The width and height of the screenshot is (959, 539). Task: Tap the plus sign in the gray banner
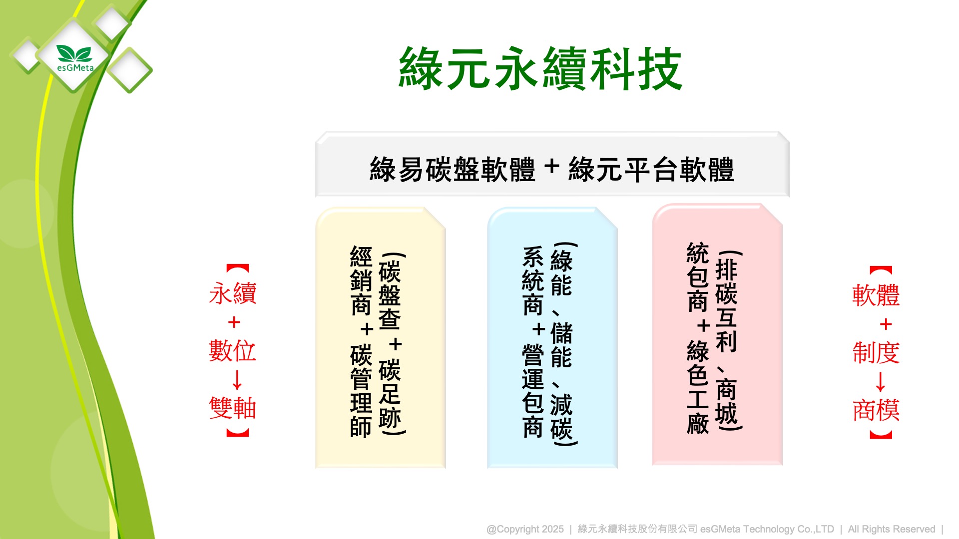tap(552, 167)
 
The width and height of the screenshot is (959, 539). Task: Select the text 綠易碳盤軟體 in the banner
tap(453, 169)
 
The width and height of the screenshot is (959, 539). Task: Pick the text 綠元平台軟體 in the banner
tap(651, 169)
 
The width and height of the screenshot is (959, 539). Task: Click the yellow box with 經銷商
tap(381, 338)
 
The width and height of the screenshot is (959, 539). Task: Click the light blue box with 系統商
tap(552, 338)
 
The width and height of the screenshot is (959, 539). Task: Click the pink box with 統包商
tap(717, 334)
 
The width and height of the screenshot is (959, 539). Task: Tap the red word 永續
tap(233, 293)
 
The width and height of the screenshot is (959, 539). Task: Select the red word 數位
tap(233, 351)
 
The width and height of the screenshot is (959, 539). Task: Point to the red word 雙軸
tap(233, 408)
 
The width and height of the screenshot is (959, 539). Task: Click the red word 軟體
tap(876, 295)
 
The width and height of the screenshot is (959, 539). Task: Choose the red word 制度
tap(876, 353)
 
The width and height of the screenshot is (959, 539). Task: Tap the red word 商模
tap(876, 410)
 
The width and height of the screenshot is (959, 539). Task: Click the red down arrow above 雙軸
tap(237, 379)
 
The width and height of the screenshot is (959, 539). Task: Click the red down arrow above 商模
tap(881, 381)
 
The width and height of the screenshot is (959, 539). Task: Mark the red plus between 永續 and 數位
tap(234, 322)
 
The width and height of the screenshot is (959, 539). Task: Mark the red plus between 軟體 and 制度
tap(886, 324)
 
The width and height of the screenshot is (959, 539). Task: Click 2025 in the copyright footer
tap(552, 529)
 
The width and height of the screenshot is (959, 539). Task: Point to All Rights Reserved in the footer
tap(892, 529)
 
